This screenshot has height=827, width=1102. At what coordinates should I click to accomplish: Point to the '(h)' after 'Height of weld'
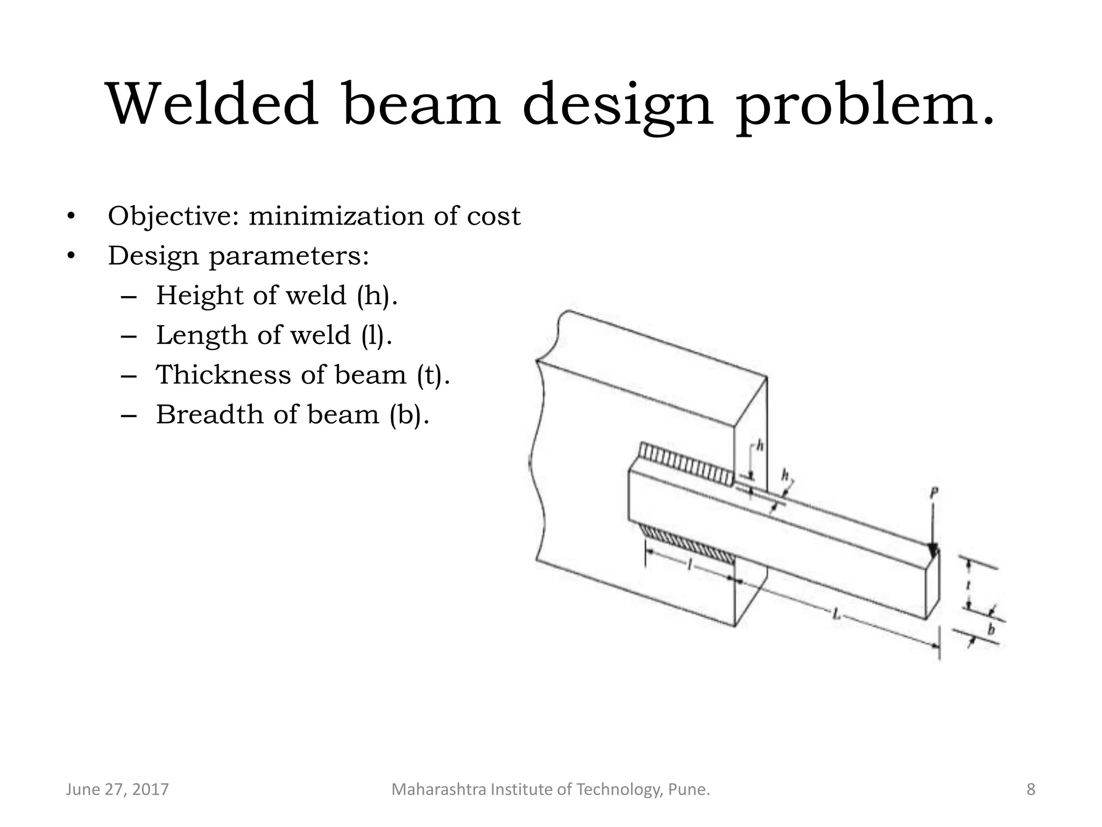[x=377, y=296]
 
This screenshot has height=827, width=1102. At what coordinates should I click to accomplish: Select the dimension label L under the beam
[x=836, y=614]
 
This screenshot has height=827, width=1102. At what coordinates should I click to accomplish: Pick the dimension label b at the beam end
[x=991, y=629]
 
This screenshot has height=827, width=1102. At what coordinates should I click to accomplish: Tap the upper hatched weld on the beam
[x=686, y=462]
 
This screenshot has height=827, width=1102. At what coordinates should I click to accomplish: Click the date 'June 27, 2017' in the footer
[x=117, y=789]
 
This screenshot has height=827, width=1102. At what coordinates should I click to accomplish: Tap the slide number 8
[x=1030, y=789]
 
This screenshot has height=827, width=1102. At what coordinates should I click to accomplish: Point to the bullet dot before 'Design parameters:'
[x=70, y=257]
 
